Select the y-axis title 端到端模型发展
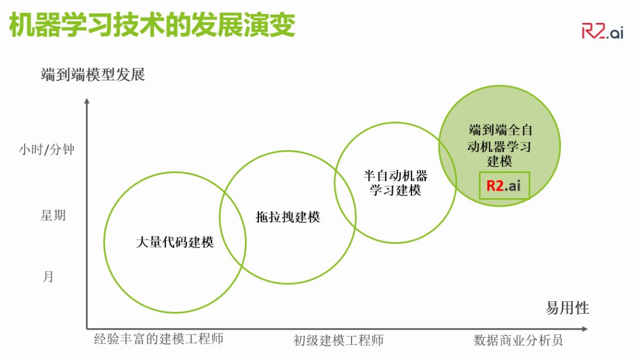[x=93, y=75]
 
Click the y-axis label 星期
[x=53, y=215]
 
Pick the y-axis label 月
[x=48, y=276]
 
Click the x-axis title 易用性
[x=567, y=308]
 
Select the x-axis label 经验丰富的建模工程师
[x=159, y=339]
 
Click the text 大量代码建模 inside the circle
[x=175, y=242]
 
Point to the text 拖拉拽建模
[x=288, y=216]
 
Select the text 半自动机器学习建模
[x=396, y=183]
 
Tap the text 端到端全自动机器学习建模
[x=500, y=145]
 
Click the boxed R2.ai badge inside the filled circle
[x=504, y=186]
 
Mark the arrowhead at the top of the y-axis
[x=87, y=101]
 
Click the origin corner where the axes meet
[x=87, y=328]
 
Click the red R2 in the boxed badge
[x=495, y=186]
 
